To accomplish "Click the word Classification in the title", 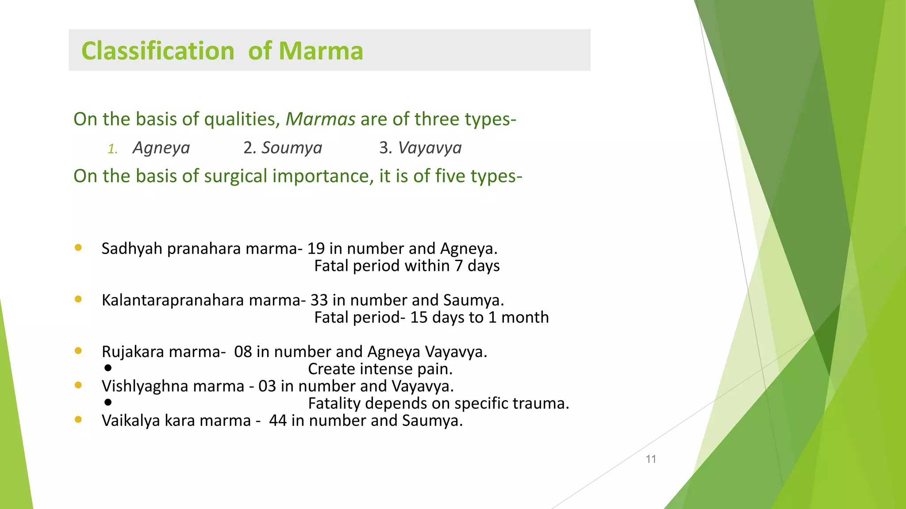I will pos(157,51).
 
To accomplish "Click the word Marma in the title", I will pos(321,51).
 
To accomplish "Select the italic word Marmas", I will pos(320,119).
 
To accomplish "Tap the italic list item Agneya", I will pos(161,148).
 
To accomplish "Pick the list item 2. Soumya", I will pos(283,148).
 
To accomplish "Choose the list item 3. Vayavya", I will pos(420,148).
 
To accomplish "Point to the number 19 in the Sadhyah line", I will pos(316,249).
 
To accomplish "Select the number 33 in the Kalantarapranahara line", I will pos(319,300).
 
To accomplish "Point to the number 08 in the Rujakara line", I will pos(243,352).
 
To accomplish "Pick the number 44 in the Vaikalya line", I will pos(278,421).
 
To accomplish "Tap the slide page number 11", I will pos(651,459).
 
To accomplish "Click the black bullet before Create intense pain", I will pos(108,368).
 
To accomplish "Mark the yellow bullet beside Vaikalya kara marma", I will pos(78,420).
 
